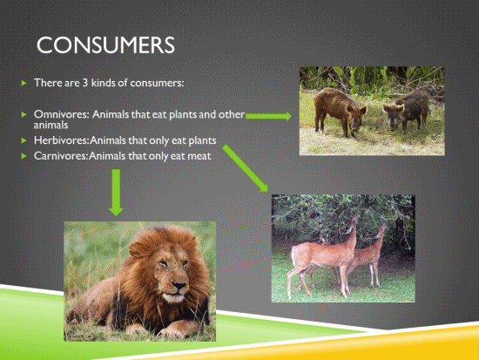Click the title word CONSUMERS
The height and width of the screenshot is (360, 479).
pos(105,45)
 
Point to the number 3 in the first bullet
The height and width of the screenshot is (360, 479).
pos(85,83)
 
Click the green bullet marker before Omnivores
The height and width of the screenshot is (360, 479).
pos(24,115)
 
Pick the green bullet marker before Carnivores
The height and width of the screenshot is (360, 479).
pos(24,156)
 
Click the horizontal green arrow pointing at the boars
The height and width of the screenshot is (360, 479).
pos(268,116)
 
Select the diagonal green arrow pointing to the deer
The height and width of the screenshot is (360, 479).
pos(245,168)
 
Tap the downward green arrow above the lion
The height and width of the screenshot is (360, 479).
pos(116,193)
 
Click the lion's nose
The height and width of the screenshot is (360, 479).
pos(179,286)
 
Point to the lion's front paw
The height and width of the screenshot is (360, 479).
pos(177,329)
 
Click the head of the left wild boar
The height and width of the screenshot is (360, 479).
pos(356,119)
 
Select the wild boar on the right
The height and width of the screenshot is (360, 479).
pos(406,111)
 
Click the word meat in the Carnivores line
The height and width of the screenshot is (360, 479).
pos(199,156)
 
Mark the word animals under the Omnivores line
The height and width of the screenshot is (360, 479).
pos(51,126)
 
